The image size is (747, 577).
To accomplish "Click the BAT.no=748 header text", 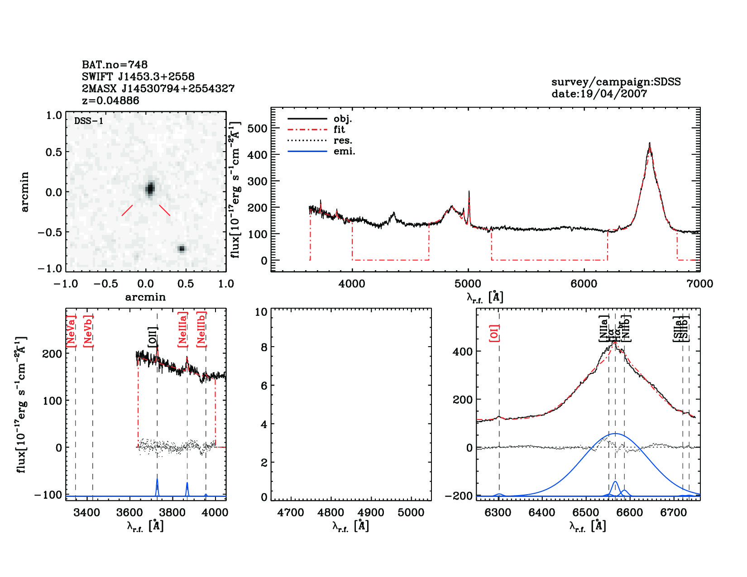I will (x=115, y=65).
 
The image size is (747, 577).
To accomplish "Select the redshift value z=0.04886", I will (x=110, y=100).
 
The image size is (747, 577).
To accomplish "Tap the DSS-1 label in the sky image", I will (x=89, y=121).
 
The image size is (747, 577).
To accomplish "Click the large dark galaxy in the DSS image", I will (x=150, y=188).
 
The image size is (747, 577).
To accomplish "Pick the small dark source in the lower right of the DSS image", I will (x=182, y=248).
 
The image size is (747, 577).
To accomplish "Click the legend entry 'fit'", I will (x=339, y=129).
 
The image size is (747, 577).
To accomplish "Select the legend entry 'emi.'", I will (x=344, y=151).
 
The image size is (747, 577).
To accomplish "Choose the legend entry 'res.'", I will (x=343, y=140).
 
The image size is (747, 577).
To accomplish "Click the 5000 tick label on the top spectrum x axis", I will (x=468, y=284).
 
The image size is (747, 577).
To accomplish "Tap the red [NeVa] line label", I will (x=71, y=331).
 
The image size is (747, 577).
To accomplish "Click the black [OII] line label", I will (x=153, y=338).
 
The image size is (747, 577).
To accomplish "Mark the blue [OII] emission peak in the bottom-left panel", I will (x=157, y=480).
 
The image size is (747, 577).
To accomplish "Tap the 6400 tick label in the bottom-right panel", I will (x=542, y=513).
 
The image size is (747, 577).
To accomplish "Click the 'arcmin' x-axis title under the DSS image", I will (x=145, y=297).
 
